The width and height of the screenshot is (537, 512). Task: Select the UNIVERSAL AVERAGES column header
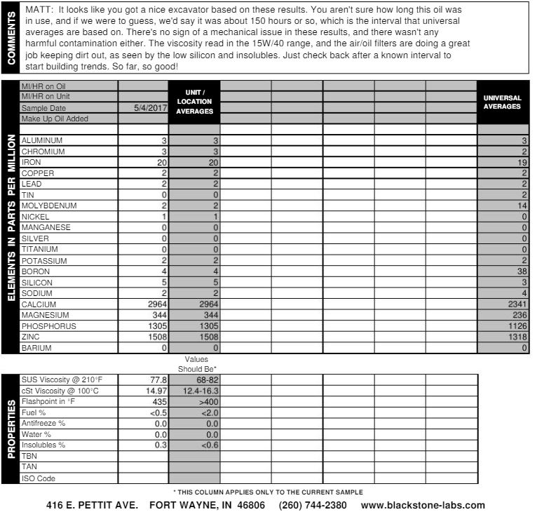[x=502, y=102]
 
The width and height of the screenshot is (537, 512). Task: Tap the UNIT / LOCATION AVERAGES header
[x=194, y=102]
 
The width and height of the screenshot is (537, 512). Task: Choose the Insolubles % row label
[x=43, y=445]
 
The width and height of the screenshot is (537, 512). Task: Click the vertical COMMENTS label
[x=11, y=38]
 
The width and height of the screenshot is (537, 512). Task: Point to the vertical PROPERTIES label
[x=11, y=429]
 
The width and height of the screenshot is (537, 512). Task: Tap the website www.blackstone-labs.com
[x=423, y=505]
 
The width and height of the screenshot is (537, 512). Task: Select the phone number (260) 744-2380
[x=313, y=505]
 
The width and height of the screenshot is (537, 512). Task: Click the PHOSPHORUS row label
[x=48, y=326]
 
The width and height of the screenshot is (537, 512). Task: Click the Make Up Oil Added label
[x=55, y=119]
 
